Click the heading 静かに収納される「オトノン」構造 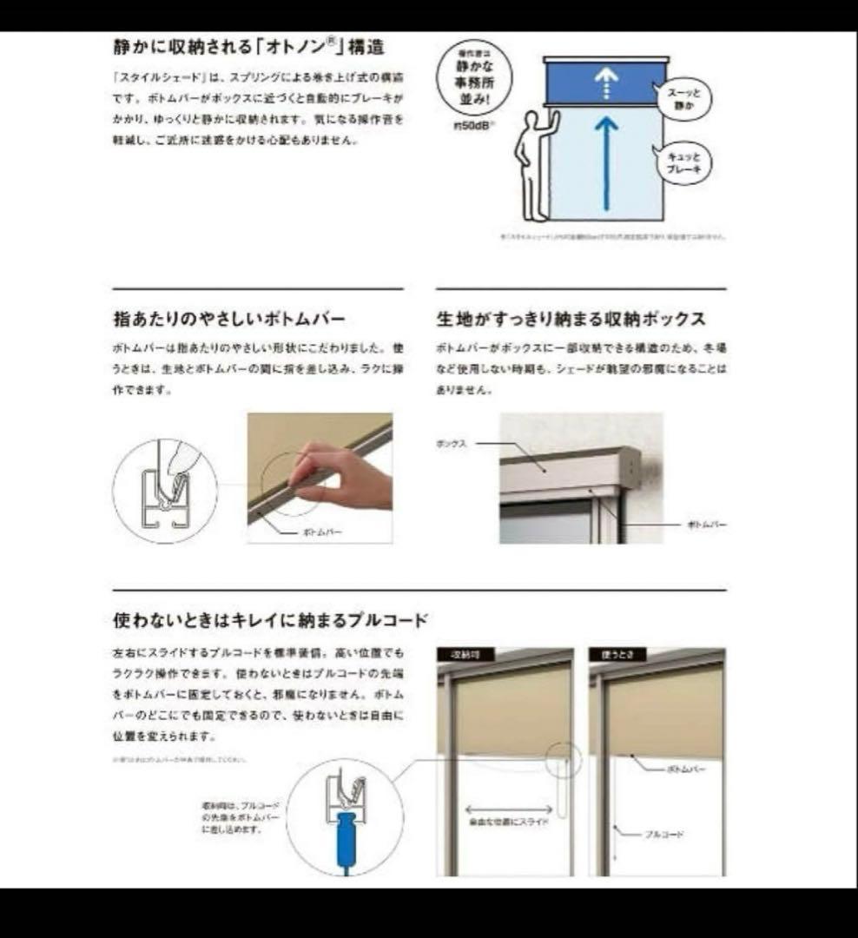click(x=249, y=46)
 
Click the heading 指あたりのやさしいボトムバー click(x=229, y=320)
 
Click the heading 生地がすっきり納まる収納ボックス click(x=571, y=320)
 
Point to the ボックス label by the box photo click(x=452, y=443)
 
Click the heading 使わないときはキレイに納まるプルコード click(x=271, y=620)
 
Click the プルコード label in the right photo click(x=663, y=834)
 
